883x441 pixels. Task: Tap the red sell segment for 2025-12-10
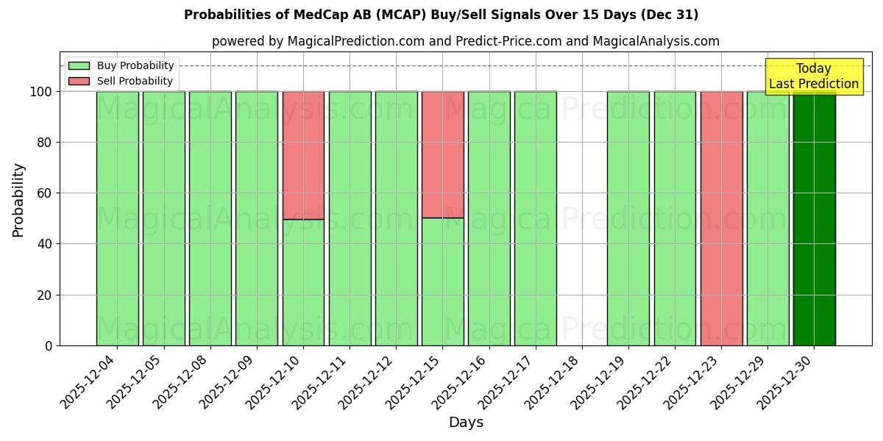(x=303, y=155)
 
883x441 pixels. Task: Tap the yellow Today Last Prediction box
(x=814, y=76)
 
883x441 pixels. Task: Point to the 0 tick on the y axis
(x=49, y=345)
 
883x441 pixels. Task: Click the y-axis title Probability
(x=18, y=200)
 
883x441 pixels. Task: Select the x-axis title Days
(x=466, y=423)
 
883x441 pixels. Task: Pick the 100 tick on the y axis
(x=41, y=92)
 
